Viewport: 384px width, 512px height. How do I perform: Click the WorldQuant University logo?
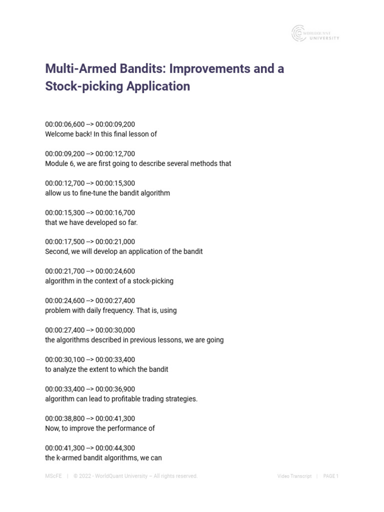point(315,33)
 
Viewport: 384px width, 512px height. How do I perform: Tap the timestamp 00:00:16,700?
point(115,213)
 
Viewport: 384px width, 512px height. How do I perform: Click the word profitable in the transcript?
point(130,399)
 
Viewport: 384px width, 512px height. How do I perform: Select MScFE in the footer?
point(53,476)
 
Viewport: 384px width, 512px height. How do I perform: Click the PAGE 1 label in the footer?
point(331,476)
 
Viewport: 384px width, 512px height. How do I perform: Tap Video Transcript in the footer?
point(294,476)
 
